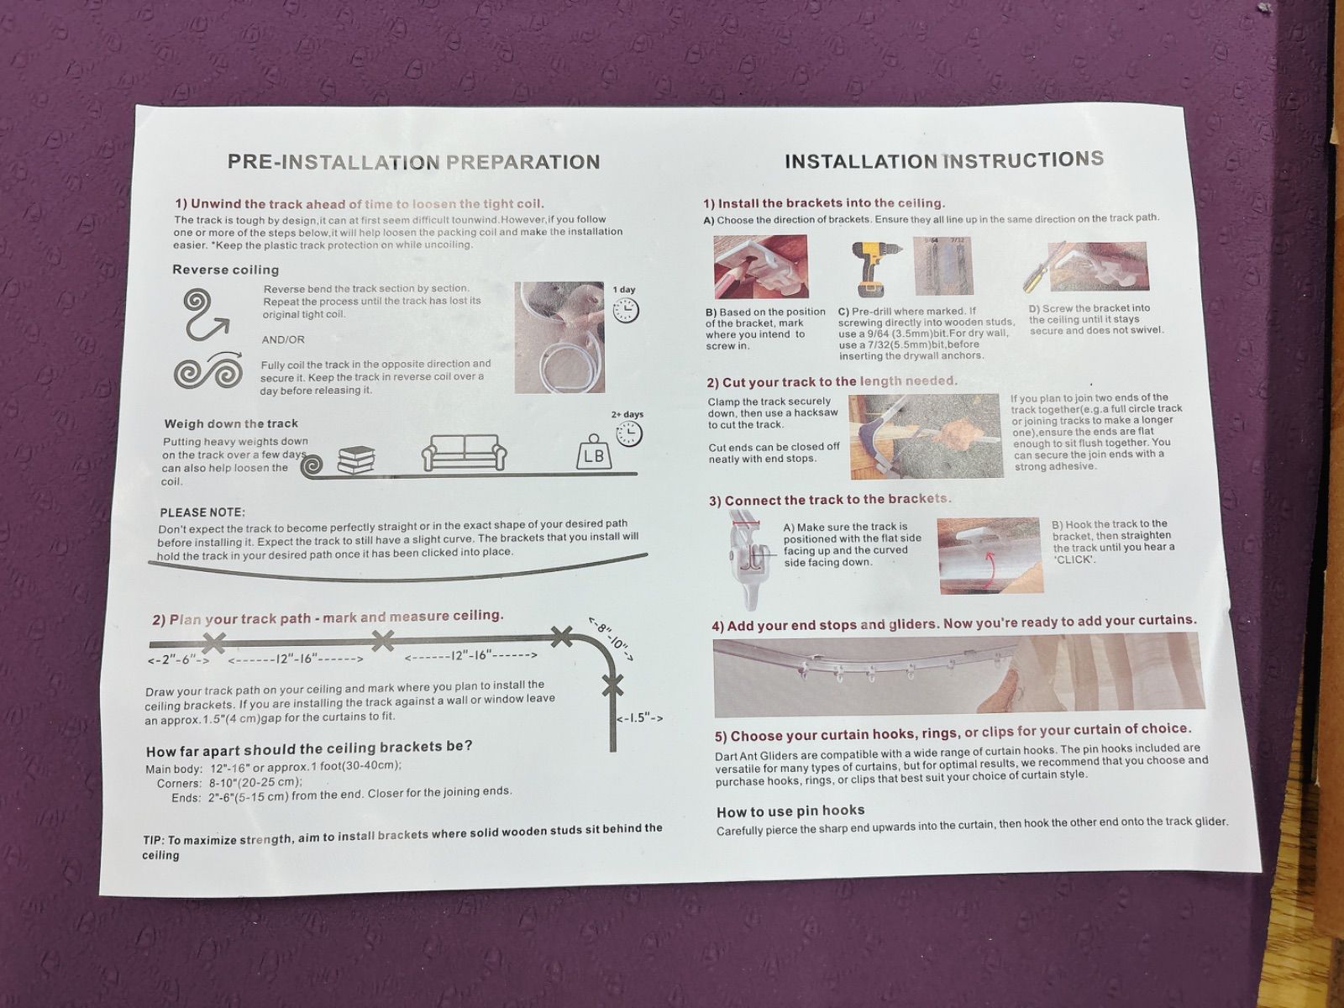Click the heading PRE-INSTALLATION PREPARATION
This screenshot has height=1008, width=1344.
pos(413,162)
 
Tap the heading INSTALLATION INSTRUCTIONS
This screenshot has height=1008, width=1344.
pos(944,160)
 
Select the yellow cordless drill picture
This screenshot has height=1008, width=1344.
pos(875,267)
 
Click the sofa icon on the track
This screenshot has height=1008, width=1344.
pos(465,453)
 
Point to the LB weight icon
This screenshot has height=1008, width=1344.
pos(594,453)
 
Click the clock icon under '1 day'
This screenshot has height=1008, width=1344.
pos(626,310)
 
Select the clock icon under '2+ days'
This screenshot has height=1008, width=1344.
pos(629,433)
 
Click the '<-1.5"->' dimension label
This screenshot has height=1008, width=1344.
pos(640,718)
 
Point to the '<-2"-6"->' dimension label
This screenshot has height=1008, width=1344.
pos(179,660)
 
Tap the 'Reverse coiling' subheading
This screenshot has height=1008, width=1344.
pos(225,270)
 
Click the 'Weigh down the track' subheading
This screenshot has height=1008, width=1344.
pos(231,423)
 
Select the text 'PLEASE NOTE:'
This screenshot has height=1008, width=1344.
pos(202,513)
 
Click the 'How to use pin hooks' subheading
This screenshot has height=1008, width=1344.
pos(790,811)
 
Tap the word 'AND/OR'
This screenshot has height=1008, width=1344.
pos(283,339)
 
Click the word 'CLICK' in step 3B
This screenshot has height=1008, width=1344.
pos(1074,559)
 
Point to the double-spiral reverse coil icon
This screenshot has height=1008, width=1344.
pos(208,371)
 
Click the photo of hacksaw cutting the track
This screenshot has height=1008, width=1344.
pos(926,436)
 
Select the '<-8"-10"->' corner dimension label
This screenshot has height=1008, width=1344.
pos(611,639)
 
